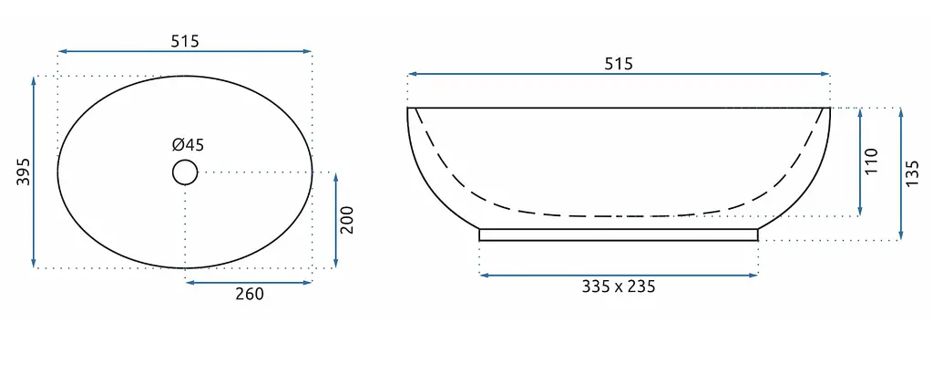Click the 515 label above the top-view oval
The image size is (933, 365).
pos(184,41)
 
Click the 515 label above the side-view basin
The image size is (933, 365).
pos(619,64)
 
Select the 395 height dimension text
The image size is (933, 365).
pos(23,172)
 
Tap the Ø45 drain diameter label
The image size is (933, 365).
pos(188,145)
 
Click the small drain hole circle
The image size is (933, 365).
pos(184,172)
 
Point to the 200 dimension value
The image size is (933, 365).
pos(347,220)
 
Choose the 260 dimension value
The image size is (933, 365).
pos(250,294)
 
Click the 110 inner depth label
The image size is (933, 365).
pos(871,161)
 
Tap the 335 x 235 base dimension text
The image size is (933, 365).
pos(619,287)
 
